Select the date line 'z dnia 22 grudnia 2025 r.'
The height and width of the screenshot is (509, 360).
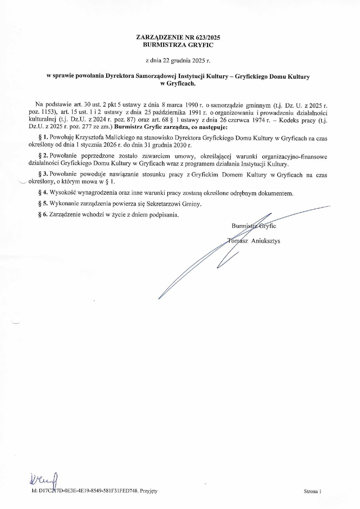pos(178,61)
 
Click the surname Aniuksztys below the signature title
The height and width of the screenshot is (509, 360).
pos(266,241)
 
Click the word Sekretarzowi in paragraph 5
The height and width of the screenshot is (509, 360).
pos(163,204)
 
